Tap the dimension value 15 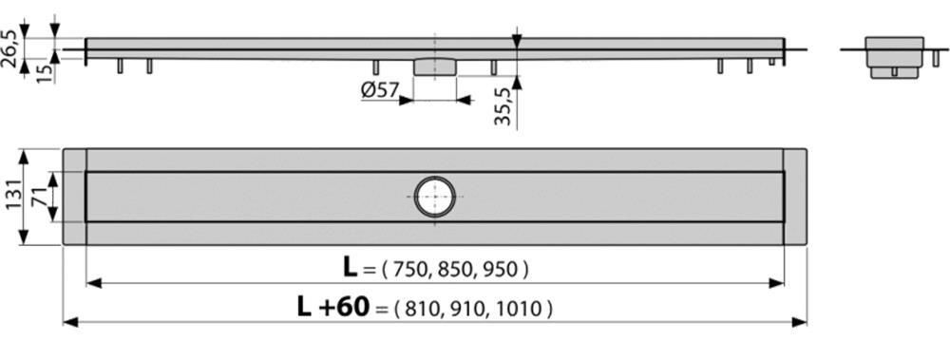click(x=45, y=73)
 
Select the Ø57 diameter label click(x=379, y=90)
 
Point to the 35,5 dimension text click(x=503, y=105)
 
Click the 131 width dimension click(x=12, y=197)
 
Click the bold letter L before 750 click(x=351, y=267)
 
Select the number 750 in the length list click(x=410, y=269)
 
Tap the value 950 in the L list click(x=502, y=269)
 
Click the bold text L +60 click(x=332, y=307)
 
